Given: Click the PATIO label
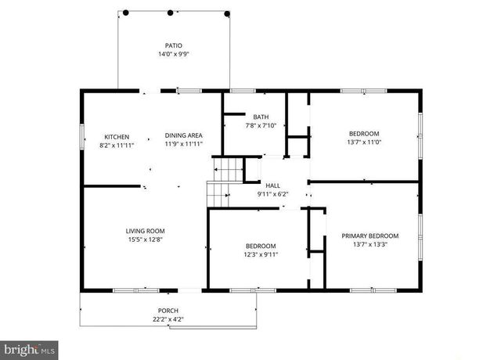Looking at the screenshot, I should tap(172, 45).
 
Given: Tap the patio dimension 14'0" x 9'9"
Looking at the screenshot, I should tap(172, 55).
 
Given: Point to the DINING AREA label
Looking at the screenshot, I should tap(183, 136).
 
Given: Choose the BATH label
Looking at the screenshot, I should tap(261, 117).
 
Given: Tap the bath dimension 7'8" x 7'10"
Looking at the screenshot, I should tap(261, 125).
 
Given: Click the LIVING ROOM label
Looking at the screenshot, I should tap(146, 231).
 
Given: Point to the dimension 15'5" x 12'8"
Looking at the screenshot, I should tap(146, 239).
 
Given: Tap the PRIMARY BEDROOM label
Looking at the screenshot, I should tap(369, 236).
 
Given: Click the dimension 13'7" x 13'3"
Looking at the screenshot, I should tap(369, 244).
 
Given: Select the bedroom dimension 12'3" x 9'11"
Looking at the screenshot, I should tap(261, 254).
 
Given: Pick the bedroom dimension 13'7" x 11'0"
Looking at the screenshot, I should tap(363, 142).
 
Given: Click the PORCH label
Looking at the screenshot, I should tap(168, 311).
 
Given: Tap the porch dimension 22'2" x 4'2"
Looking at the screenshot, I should tap(168, 319).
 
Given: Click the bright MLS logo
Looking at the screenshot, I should tap(30, 347).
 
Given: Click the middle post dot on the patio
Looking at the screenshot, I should tap(171, 13).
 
